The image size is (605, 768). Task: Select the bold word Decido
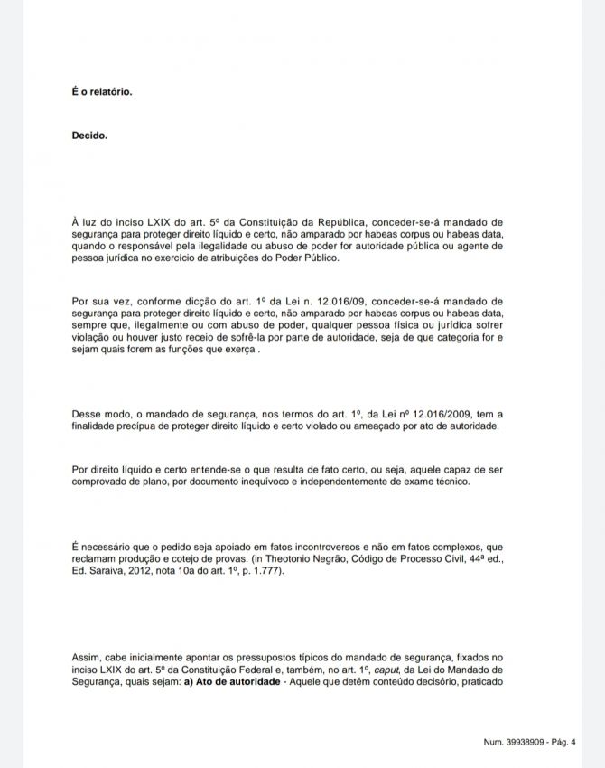(89, 136)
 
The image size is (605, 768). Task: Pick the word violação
(95, 337)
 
